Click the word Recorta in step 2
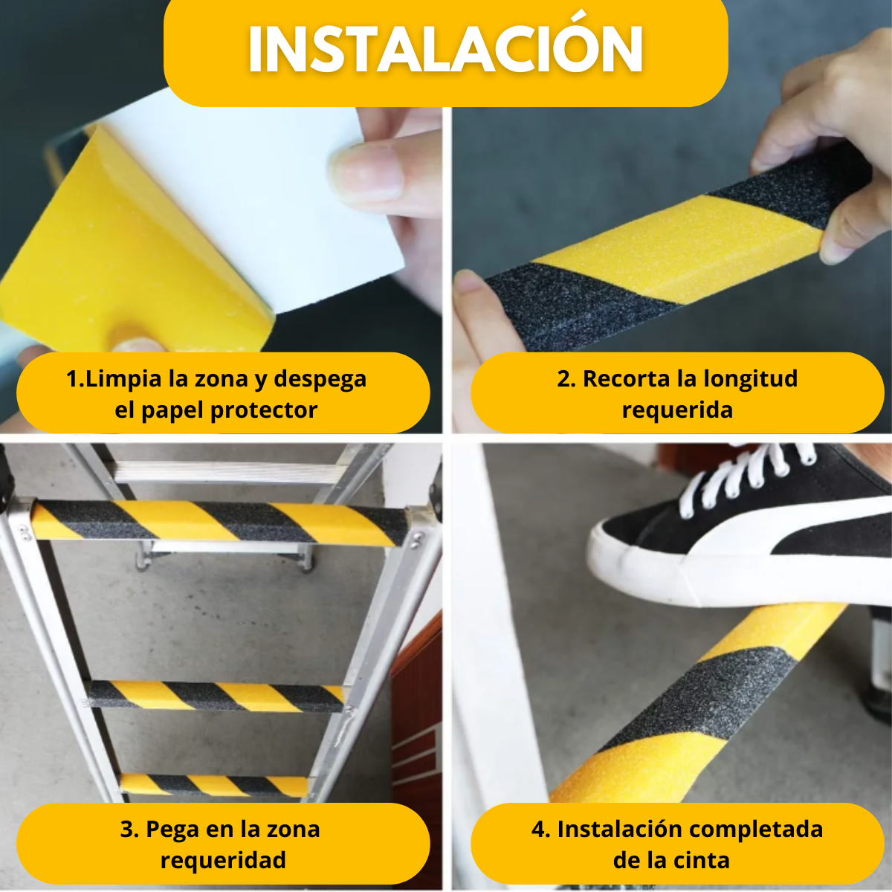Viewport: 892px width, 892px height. (x=625, y=378)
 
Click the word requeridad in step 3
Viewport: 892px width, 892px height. (x=223, y=861)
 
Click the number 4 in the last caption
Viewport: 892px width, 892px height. (x=538, y=830)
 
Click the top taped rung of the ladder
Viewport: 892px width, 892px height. (x=220, y=522)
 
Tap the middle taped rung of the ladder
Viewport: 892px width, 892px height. (x=216, y=696)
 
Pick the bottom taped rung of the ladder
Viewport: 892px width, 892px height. (x=214, y=786)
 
